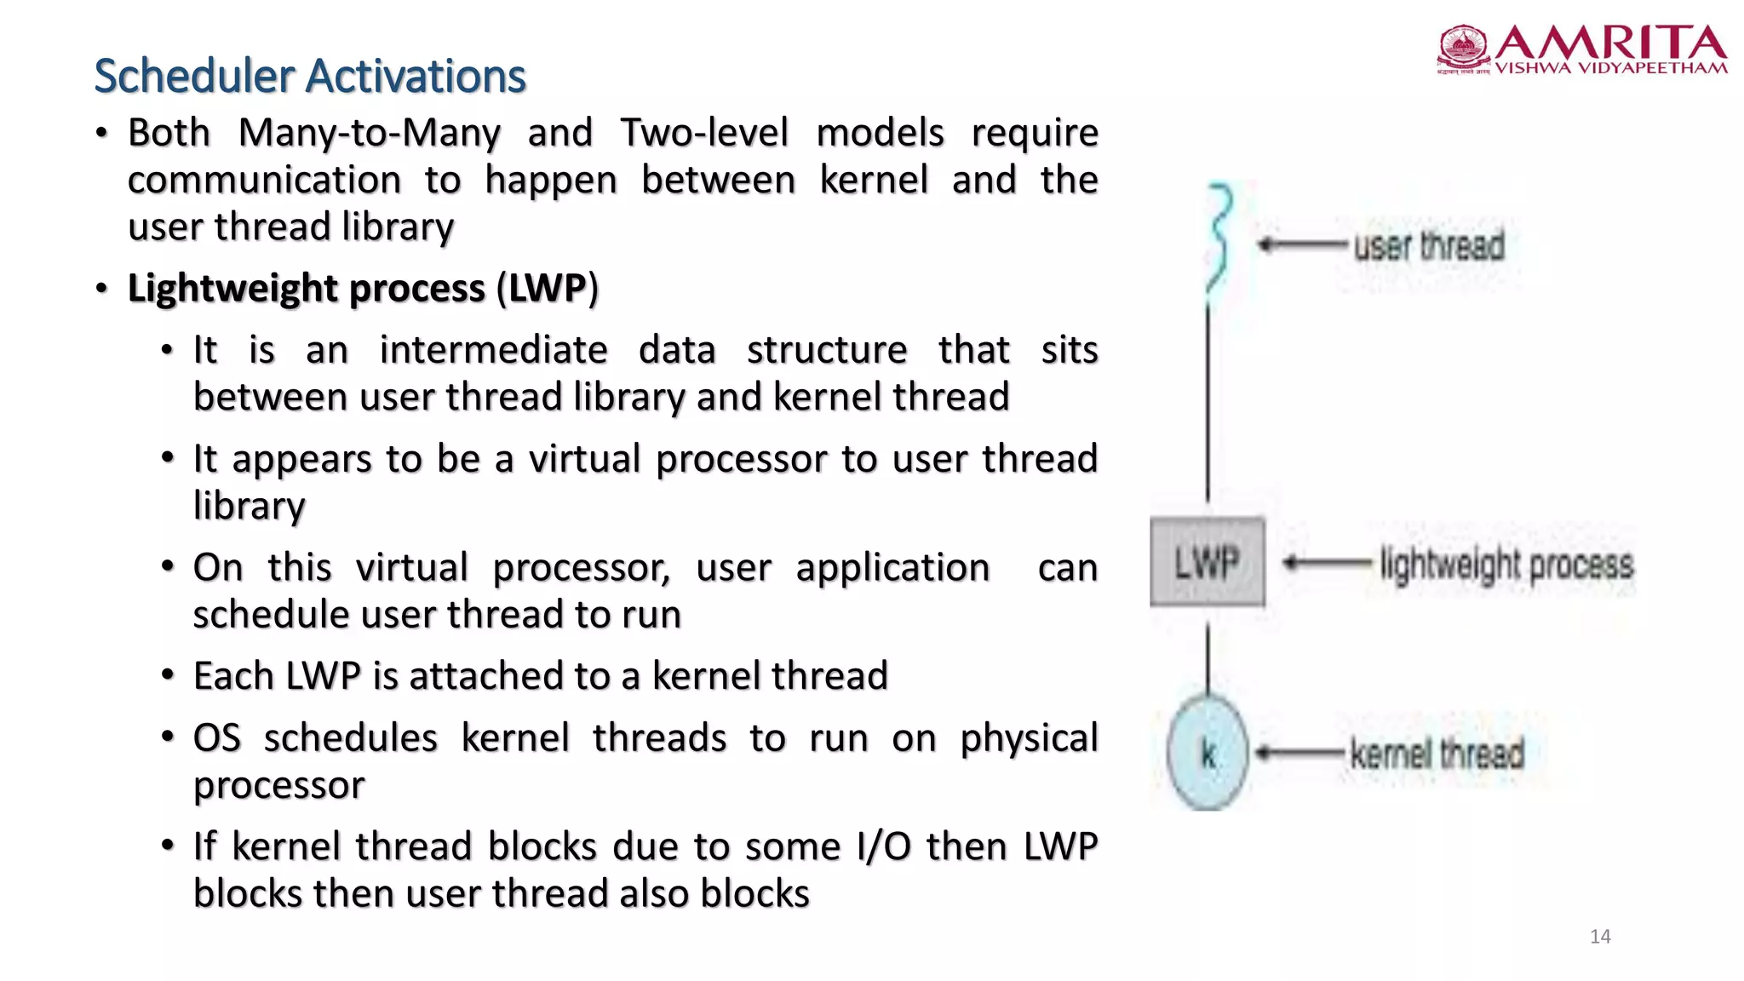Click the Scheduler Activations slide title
pos(310,76)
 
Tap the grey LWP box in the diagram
pos(1207,562)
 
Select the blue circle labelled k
pos(1208,753)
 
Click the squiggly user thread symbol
pos(1220,238)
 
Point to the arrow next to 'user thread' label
pos(1301,245)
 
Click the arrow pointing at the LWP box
pos(1326,563)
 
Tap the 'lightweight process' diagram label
pos(1506,565)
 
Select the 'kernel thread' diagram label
pos(1437,754)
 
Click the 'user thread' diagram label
pos(1429,246)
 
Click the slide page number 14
pos(1600,937)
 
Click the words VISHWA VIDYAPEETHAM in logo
pos(1611,68)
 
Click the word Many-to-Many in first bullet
pos(369,133)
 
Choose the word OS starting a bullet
pos(217,737)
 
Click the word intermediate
pos(493,350)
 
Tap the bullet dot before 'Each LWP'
pos(168,675)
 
